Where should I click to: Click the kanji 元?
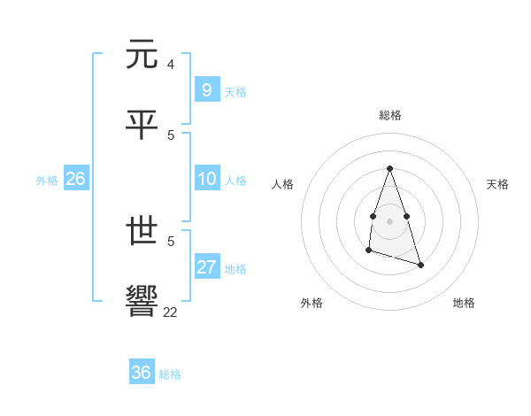pos(142,56)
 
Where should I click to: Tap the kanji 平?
pos(142,125)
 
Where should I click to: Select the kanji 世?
pos(142,233)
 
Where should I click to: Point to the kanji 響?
pos(142,302)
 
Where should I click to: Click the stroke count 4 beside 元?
pos(170,65)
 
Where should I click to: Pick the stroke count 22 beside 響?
pos(170,311)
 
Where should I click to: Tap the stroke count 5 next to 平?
pos(170,135)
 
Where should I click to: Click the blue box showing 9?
pos(206,89)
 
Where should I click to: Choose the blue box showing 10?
pos(206,179)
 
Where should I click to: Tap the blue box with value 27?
pos(206,267)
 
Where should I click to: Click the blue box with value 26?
pos(75,179)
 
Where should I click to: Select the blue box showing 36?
pos(141,373)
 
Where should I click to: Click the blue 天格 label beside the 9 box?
pos(235,92)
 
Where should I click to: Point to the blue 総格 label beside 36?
pos(170,374)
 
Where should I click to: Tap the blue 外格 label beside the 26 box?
pos(47,181)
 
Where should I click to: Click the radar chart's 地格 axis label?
pos(464,303)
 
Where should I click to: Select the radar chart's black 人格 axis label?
pos(282,184)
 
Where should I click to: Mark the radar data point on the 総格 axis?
pos(389,168)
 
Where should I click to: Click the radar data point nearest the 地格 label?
pos(420,266)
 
